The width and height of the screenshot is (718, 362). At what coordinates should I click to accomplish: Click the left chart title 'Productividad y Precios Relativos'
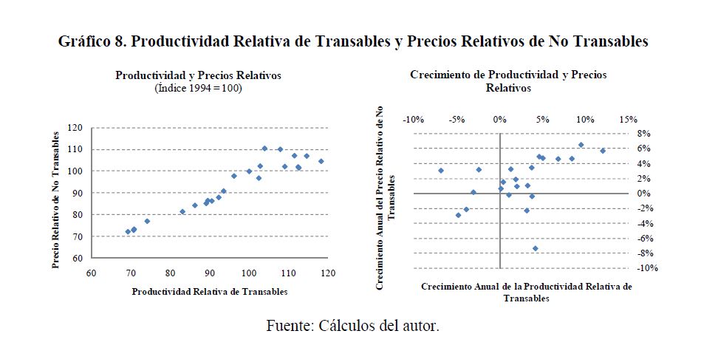tap(198, 76)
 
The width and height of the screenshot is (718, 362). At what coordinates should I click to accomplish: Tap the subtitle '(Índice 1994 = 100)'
tap(198, 89)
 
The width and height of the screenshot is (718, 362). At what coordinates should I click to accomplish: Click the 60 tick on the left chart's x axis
tap(91, 272)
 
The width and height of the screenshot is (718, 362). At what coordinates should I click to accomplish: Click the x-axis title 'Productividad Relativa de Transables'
tap(210, 292)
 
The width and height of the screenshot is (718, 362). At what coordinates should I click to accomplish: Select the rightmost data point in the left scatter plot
tap(321, 161)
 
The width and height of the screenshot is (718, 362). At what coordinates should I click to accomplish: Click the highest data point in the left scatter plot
tap(264, 148)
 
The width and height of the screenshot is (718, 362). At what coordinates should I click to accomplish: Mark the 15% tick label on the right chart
tap(628, 120)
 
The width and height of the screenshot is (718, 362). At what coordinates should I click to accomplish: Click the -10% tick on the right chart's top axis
tap(414, 120)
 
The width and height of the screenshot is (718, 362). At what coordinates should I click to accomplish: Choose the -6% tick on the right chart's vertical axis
tap(641, 239)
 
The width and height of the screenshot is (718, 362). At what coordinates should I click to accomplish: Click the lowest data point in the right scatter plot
tap(536, 248)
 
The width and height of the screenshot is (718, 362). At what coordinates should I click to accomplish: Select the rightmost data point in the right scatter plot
tap(603, 151)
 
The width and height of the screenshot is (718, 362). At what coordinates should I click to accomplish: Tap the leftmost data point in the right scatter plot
tap(441, 171)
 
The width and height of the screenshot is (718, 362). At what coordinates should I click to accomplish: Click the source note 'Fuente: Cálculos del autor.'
tap(353, 326)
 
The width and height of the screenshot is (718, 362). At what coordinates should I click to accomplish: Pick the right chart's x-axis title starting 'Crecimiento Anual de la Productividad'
tap(527, 292)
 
